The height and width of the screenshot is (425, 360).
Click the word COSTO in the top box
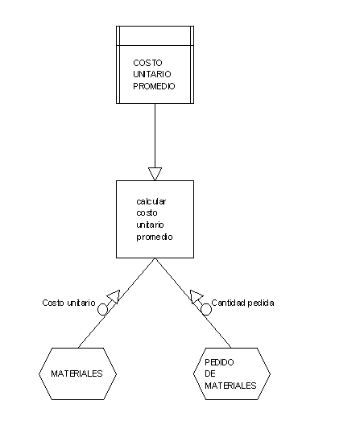coord(147,63)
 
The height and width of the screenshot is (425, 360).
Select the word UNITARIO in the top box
coord(152,74)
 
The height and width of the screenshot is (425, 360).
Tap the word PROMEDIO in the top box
coord(154,86)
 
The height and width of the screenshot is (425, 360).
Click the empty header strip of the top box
coord(155,35)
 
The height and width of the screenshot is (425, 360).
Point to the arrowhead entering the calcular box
coord(155,174)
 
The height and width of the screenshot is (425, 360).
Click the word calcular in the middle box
coord(151,201)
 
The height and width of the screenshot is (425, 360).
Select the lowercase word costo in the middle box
coord(147,213)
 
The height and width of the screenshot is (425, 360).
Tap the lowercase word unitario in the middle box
coord(150,225)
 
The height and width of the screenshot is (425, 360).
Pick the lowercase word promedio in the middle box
coord(155,237)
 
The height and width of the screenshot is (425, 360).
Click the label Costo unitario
coord(68,303)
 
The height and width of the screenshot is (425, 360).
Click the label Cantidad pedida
coord(242,303)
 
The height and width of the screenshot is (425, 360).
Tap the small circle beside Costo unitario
coord(102,309)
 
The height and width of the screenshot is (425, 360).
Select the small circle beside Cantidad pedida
coord(206,309)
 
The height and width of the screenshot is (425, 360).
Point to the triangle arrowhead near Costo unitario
coord(114,296)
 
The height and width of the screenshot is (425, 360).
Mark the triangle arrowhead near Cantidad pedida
coord(196,296)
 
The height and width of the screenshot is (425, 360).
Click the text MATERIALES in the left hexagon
coord(77,373)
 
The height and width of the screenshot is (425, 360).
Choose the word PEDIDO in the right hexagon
coord(219,362)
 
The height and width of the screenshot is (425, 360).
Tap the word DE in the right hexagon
coord(210,373)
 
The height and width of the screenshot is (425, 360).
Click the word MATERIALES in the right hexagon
coord(230,386)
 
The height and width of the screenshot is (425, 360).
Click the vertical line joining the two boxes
coord(155,135)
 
